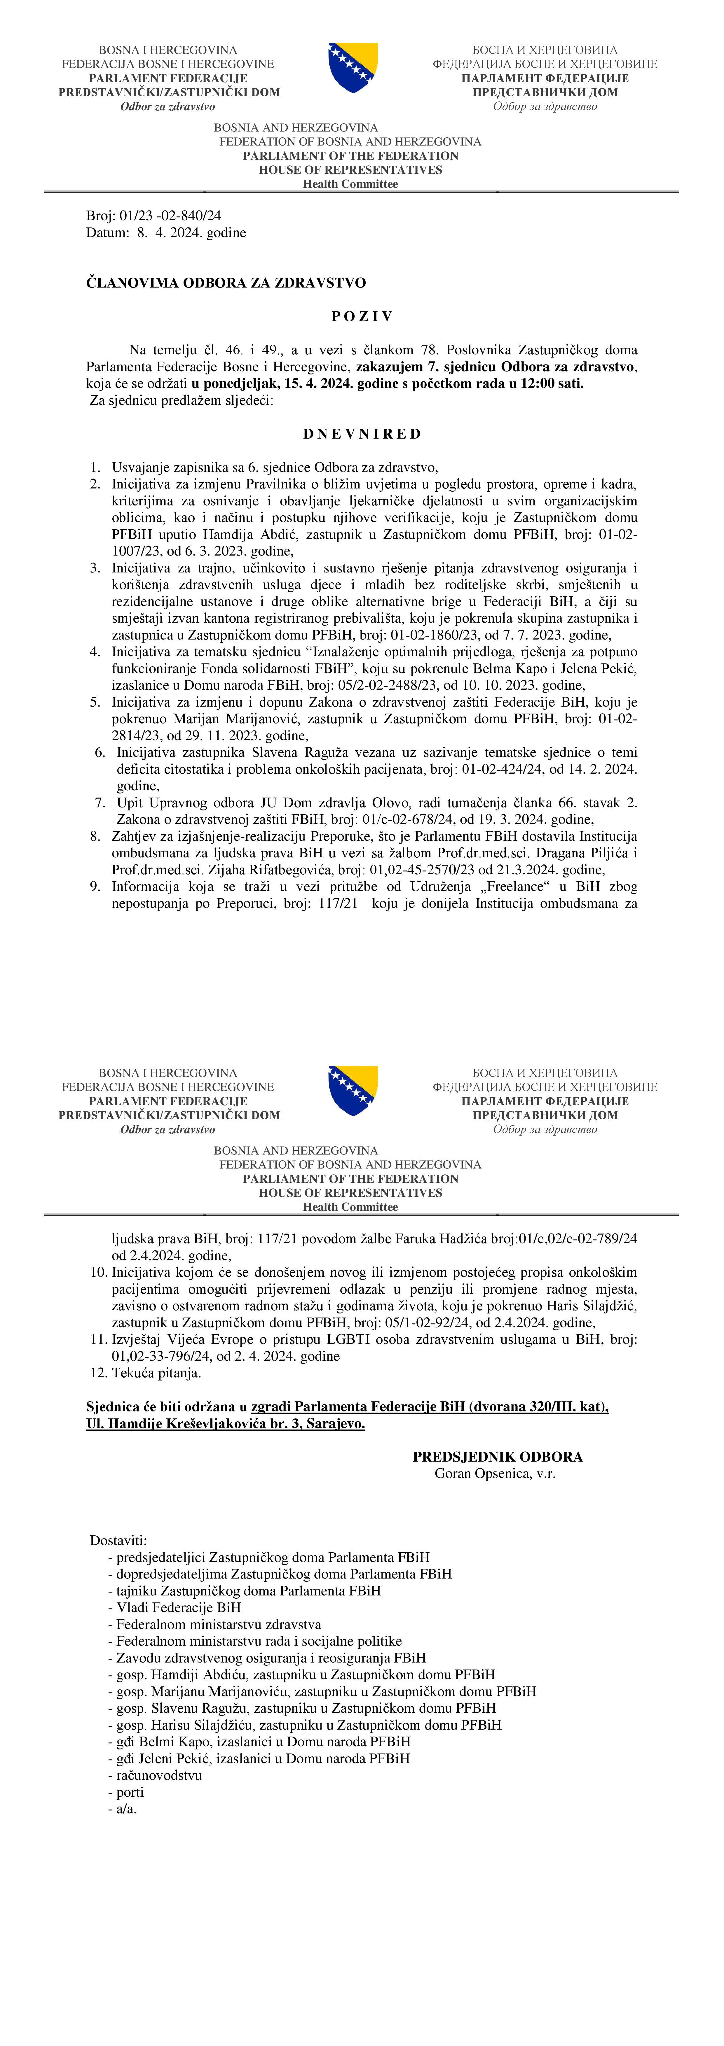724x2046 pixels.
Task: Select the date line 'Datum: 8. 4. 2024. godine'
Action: pyautogui.click(x=166, y=233)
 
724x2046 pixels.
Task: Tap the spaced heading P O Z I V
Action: pyautogui.click(x=362, y=316)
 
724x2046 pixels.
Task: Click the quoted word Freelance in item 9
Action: pyautogui.click(x=516, y=887)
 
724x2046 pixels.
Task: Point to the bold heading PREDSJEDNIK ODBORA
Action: pyautogui.click(x=498, y=1457)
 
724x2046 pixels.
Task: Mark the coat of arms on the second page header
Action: pyautogui.click(x=353, y=1091)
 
